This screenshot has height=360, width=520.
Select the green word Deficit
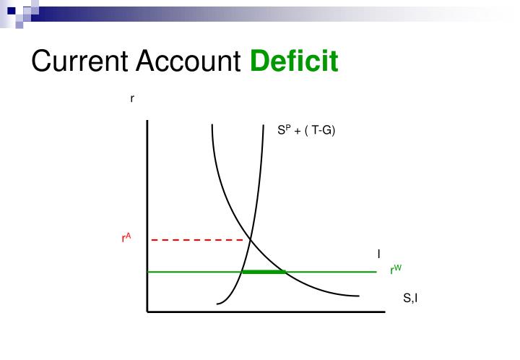[x=295, y=61]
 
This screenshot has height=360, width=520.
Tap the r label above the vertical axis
[x=131, y=98]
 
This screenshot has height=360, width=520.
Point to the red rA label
[x=126, y=237]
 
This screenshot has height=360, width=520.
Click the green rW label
[x=396, y=270]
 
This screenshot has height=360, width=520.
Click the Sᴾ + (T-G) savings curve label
[x=307, y=131]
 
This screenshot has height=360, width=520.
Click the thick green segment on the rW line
[x=264, y=272]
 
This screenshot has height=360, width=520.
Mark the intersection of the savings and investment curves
[x=250, y=239]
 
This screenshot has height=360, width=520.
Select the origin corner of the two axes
[x=147, y=312]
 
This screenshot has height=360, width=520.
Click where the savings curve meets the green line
[x=242, y=272]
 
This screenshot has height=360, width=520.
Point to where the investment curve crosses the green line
[x=286, y=272]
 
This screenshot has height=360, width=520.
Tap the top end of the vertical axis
[x=147, y=121]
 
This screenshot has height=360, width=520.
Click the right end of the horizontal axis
[x=383, y=312]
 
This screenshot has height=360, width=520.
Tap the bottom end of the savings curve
[x=216, y=303]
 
